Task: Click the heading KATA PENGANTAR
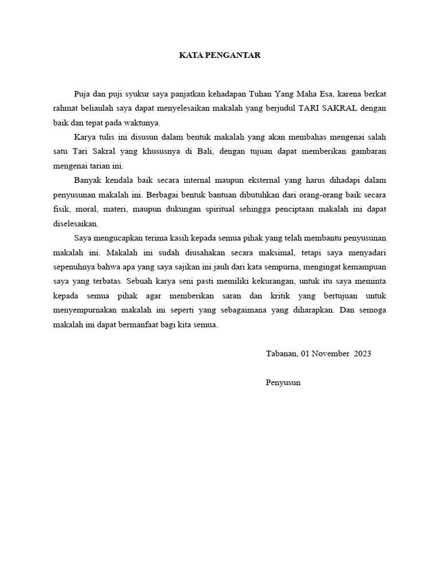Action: pos(219,56)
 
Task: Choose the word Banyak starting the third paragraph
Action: pos(88,181)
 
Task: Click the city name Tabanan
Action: pos(281,354)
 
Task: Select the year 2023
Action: pos(363,354)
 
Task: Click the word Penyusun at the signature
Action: pos(283,382)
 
